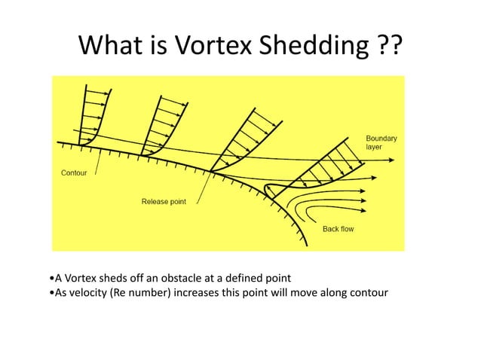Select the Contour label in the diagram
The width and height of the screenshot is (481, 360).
point(73,172)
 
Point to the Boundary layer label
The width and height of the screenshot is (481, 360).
point(381,142)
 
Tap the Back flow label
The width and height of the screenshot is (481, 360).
point(339,229)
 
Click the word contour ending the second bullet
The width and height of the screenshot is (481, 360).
point(369,293)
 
